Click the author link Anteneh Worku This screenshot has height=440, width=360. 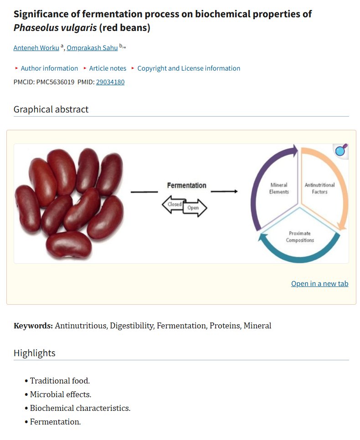pyautogui.click(x=36, y=48)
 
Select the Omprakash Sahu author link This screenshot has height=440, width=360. pyautogui.click(x=92, y=48)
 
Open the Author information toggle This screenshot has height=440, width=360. pyautogui.click(x=49, y=68)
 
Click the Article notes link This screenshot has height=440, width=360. pyautogui.click(x=108, y=68)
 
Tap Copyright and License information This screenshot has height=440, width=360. pyautogui.click(x=189, y=68)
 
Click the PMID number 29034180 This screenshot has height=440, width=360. pyautogui.click(x=110, y=82)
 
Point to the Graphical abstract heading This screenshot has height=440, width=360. pyautogui.click(x=51, y=109)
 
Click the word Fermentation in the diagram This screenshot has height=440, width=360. pyautogui.click(x=187, y=185)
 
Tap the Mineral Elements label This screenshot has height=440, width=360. pyautogui.click(x=279, y=188)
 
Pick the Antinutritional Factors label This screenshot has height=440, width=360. pyautogui.click(x=319, y=188)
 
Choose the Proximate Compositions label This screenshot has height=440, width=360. pyautogui.click(x=300, y=236)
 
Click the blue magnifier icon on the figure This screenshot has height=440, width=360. pyautogui.click(x=340, y=151)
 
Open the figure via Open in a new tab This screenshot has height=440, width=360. pyautogui.click(x=319, y=284)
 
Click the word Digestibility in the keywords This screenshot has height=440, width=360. pyautogui.click(x=132, y=326)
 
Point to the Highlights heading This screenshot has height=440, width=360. pyautogui.click(x=35, y=353)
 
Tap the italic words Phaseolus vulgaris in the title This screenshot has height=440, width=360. pyautogui.click(x=55, y=28)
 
